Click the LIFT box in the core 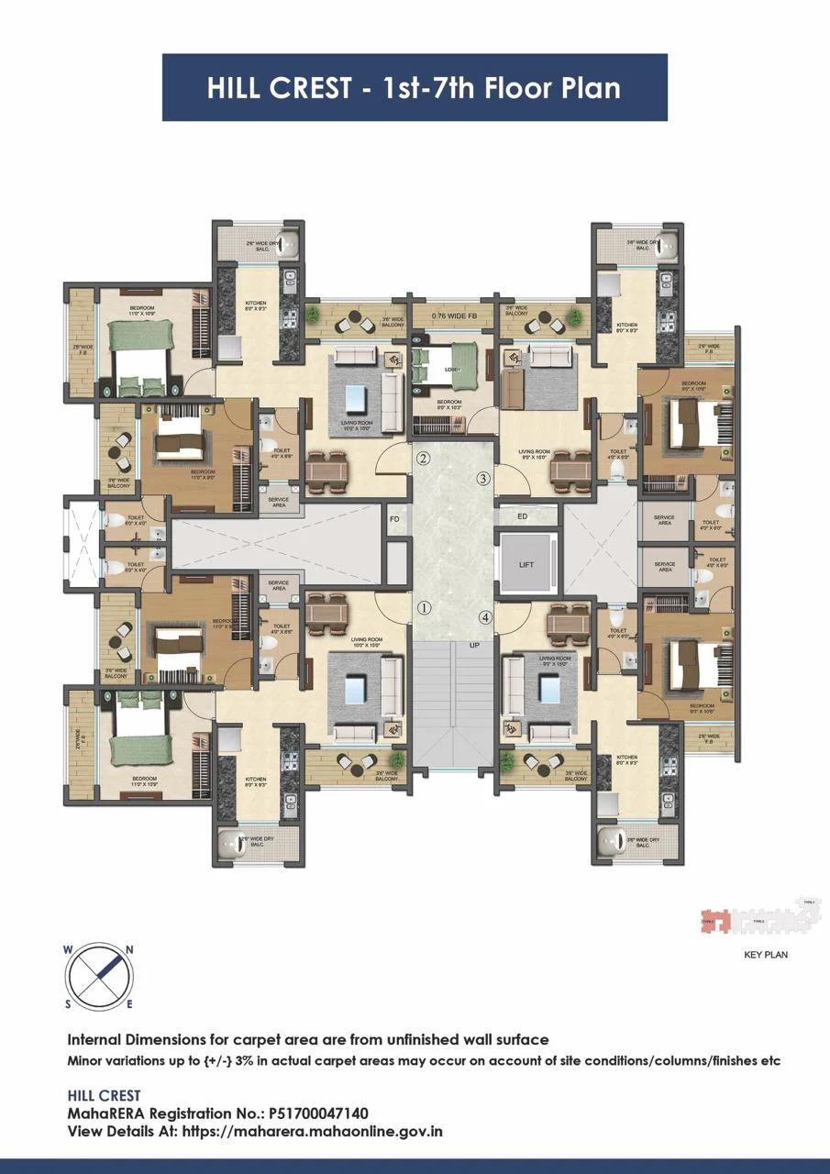tap(526, 564)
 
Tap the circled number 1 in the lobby tap(424, 607)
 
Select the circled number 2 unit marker tap(423, 459)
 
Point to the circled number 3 tap(483, 478)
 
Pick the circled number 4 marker tap(484, 617)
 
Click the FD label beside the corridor tap(394, 519)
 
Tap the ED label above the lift tap(523, 517)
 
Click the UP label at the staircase tap(475, 646)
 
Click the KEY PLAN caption tap(766, 955)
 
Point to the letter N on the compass tap(130, 950)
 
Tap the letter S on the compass tap(67, 1004)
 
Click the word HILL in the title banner tap(240, 88)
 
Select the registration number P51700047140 tap(319, 1113)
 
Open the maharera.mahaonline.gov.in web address tap(313, 1131)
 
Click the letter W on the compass tap(68, 950)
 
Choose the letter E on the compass tap(129, 1004)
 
